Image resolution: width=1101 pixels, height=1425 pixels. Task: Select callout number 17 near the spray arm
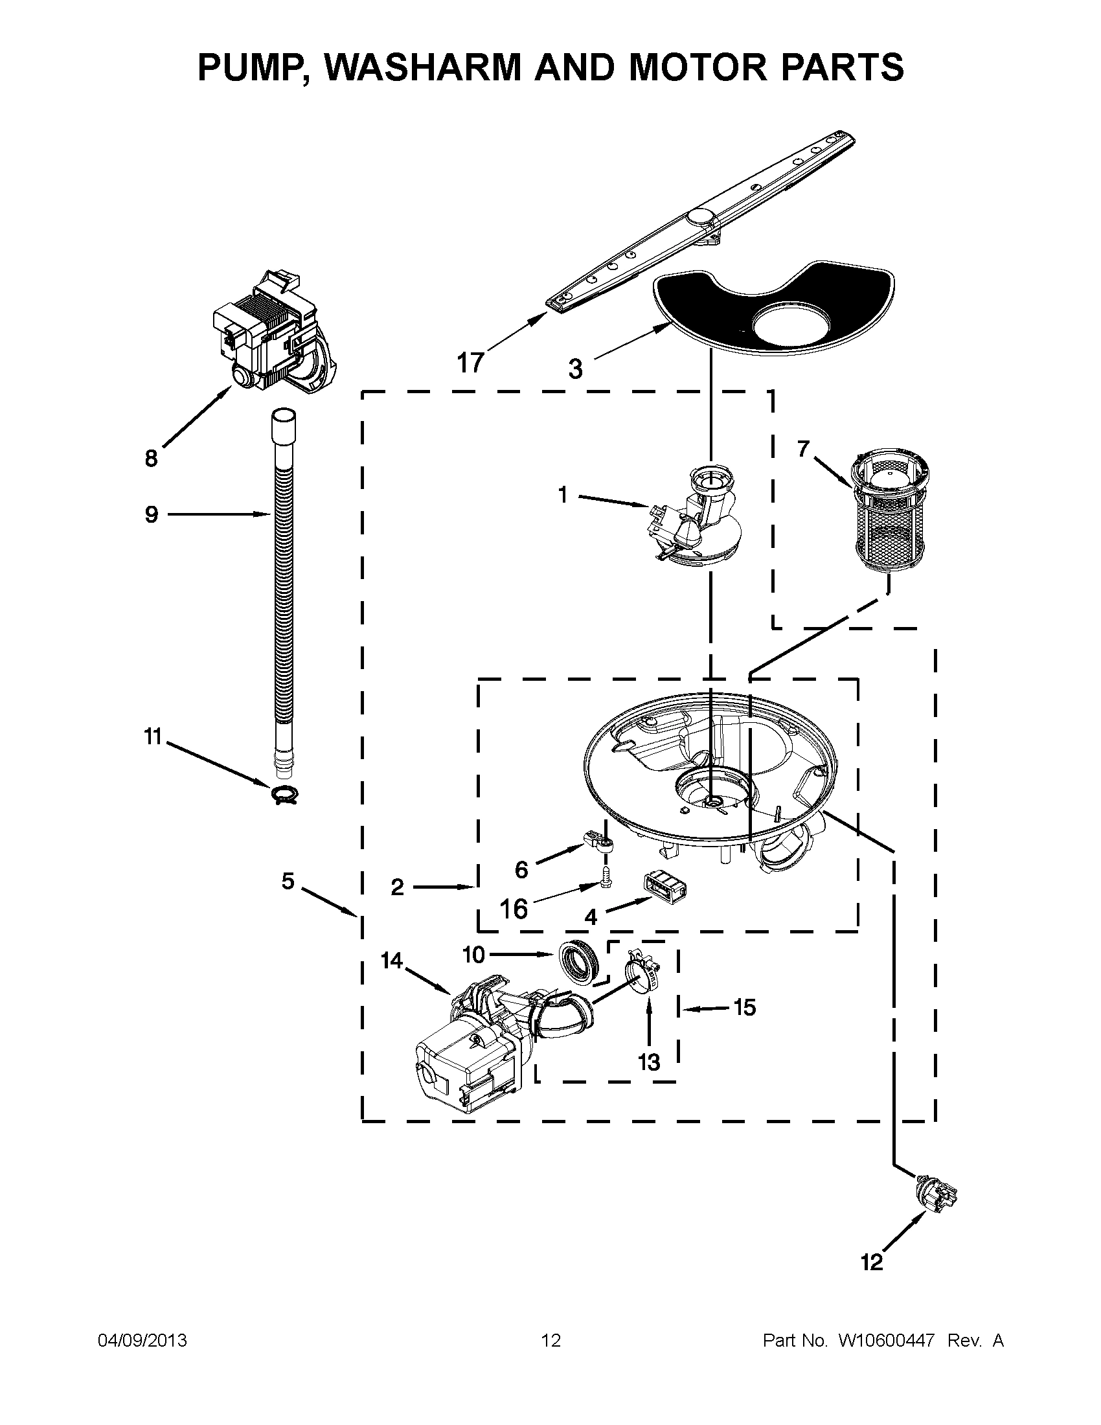[x=470, y=362]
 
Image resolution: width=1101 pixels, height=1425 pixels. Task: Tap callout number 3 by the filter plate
[x=574, y=369]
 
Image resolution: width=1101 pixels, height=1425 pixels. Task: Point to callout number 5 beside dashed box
[x=288, y=881]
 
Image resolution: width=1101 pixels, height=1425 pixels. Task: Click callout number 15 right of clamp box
[x=744, y=1007]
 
